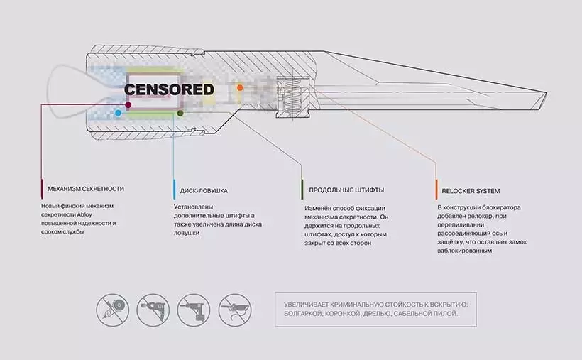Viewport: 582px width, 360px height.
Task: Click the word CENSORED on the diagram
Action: click(169, 90)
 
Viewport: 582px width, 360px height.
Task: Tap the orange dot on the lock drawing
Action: click(240, 88)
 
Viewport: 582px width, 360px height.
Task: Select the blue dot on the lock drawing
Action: click(118, 113)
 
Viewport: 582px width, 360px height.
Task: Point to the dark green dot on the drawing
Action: click(180, 113)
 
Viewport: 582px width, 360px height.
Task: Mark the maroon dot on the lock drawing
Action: click(128, 105)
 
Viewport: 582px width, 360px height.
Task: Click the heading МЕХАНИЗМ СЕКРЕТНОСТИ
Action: click(86, 190)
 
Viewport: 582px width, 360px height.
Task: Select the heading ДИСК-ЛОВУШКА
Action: click(204, 190)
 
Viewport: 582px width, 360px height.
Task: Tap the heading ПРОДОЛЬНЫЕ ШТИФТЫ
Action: click(347, 190)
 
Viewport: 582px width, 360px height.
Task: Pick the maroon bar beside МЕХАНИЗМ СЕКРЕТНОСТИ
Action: click(42, 190)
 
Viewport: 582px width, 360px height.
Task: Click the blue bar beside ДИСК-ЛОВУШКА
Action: click(174, 190)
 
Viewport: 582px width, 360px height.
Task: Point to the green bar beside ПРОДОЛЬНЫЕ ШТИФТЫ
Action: click(302, 190)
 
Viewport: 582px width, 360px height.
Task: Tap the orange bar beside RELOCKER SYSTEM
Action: click(436, 190)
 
